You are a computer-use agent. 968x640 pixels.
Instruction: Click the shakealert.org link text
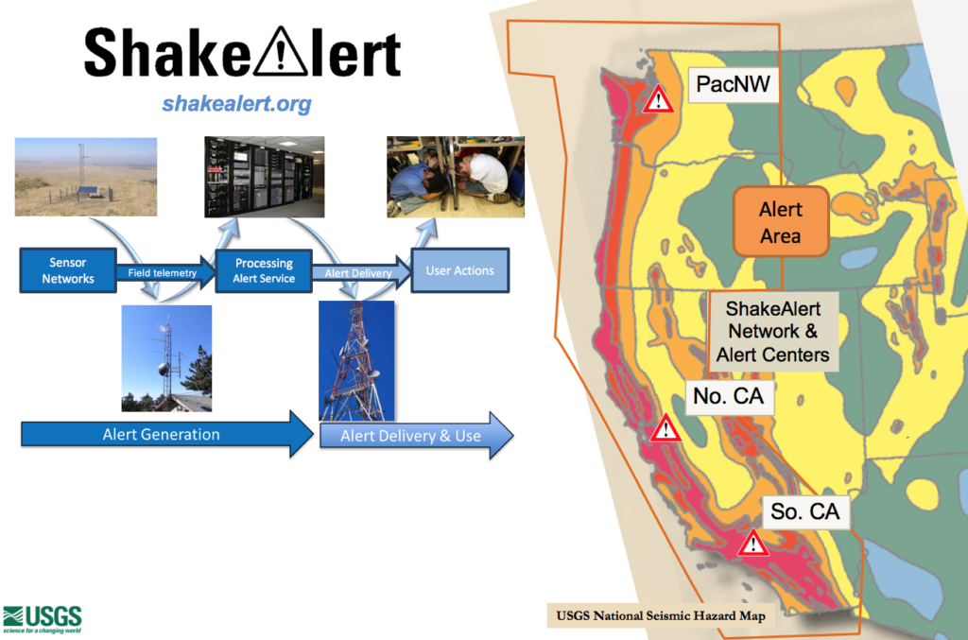tap(236, 103)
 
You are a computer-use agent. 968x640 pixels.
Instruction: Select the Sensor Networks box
tap(68, 270)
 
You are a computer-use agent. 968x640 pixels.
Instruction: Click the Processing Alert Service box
tap(265, 270)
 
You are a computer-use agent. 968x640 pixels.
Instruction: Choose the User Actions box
tap(459, 270)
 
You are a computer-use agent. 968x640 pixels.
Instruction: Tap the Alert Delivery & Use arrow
tap(416, 436)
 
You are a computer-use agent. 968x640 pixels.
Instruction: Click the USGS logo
tap(43, 619)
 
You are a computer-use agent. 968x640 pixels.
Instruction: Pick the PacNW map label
tap(733, 85)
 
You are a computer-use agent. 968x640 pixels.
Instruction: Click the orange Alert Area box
tap(781, 222)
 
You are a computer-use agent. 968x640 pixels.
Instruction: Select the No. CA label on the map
tap(728, 396)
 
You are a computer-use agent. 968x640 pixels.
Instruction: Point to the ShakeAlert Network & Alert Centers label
tap(773, 332)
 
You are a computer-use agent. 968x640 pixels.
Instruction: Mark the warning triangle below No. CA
tap(667, 430)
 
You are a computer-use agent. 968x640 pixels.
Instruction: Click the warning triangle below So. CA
tap(753, 544)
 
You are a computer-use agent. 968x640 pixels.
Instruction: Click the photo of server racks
tap(265, 177)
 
